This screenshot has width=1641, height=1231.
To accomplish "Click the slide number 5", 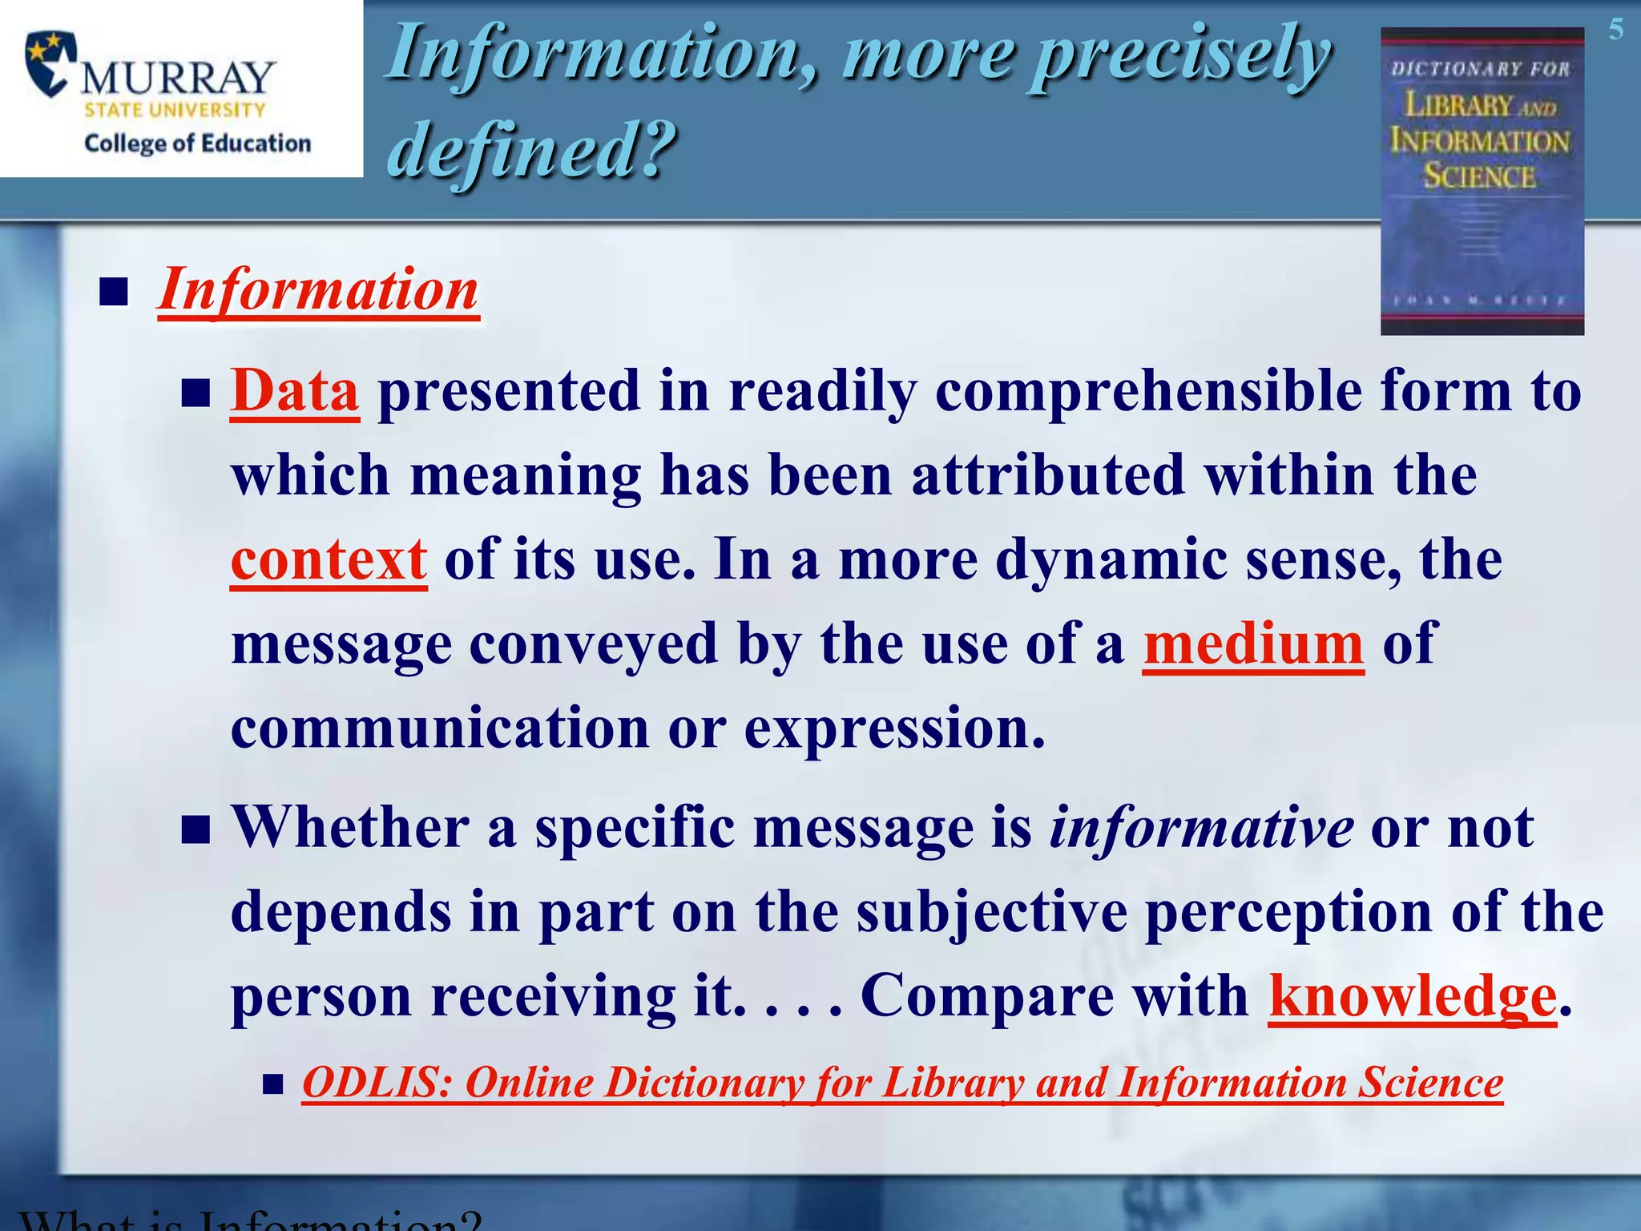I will tap(1615, 30).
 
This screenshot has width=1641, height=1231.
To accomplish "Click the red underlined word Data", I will tap(294, 392).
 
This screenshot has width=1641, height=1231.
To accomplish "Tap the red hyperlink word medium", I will tap(1252, 644).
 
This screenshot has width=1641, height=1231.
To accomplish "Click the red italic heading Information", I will tap(318, 290).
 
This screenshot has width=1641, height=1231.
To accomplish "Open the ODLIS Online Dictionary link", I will tap(902, 1084).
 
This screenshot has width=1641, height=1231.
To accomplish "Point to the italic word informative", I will tap(1201, 828).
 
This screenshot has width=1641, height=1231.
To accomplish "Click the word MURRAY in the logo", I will tap(178, 78).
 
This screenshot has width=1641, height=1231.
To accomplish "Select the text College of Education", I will tap(197, 143).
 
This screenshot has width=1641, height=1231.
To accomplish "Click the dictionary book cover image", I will tap(1482, 181).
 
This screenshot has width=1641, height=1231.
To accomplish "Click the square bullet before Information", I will tap(115, 293).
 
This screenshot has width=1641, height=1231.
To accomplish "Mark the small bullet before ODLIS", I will tap(273, 1086).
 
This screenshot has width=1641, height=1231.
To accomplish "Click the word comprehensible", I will tap(1147, 392).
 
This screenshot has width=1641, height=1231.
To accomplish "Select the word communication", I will tap(439, 729).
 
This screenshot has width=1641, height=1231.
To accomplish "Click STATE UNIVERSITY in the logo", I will tap(175, 111).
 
